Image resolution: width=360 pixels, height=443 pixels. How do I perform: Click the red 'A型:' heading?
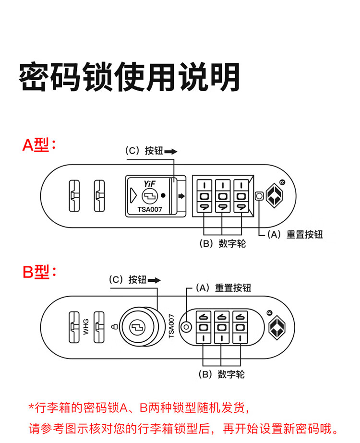coord(39,145)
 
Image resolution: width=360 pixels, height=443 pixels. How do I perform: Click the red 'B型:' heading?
coord(39,272)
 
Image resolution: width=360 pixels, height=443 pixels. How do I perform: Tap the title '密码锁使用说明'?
coord(130,77)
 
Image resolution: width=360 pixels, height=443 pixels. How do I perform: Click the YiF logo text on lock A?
coord(149,184)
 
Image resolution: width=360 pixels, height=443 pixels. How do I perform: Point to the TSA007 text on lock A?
coord(150,209)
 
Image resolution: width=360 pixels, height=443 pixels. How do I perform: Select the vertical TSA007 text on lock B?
coord(171,326)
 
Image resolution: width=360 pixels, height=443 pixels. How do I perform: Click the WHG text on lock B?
coord(86,326)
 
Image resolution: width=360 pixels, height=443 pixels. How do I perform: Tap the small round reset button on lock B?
coord(186,327)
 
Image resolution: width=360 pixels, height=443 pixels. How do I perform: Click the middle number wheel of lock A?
coord(223,196)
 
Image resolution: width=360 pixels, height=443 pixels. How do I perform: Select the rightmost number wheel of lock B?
coord(240,327)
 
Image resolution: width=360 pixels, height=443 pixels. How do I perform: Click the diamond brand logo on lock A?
coord(275,195)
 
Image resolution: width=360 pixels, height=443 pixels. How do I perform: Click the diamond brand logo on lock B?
coord(277,327)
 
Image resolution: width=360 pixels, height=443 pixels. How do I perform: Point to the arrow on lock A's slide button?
coord(181,196)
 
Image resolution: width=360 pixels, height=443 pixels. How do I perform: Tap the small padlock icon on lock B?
coord(114,326)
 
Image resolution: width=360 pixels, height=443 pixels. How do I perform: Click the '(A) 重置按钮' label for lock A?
coord(295,235)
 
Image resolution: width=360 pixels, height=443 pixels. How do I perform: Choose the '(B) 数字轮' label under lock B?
coord(222,374)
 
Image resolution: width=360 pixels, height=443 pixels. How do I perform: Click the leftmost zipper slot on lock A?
coord(74,196)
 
